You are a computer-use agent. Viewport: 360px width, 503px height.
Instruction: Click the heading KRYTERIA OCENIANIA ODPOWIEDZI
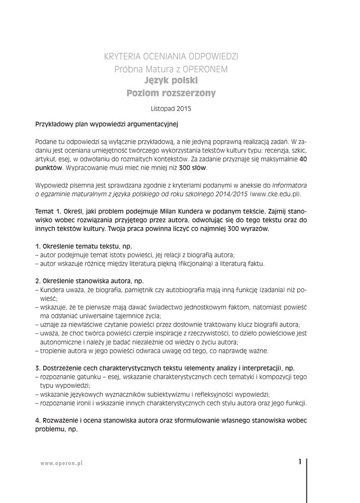coord(171,56)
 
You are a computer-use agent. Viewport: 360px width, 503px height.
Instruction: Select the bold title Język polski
coord(171,80)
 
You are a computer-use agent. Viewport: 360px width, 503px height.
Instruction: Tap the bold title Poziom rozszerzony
coord(171,93)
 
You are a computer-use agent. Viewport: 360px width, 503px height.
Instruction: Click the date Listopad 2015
coord(171,108)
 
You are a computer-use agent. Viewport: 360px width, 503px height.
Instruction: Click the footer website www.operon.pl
coord(61,464)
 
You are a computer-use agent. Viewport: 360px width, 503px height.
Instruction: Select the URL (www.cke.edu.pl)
coord(276,195)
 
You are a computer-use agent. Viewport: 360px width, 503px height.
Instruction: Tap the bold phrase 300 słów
coord(193,168)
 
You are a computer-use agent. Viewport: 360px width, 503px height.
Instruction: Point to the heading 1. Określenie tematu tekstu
coord(83,246)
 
